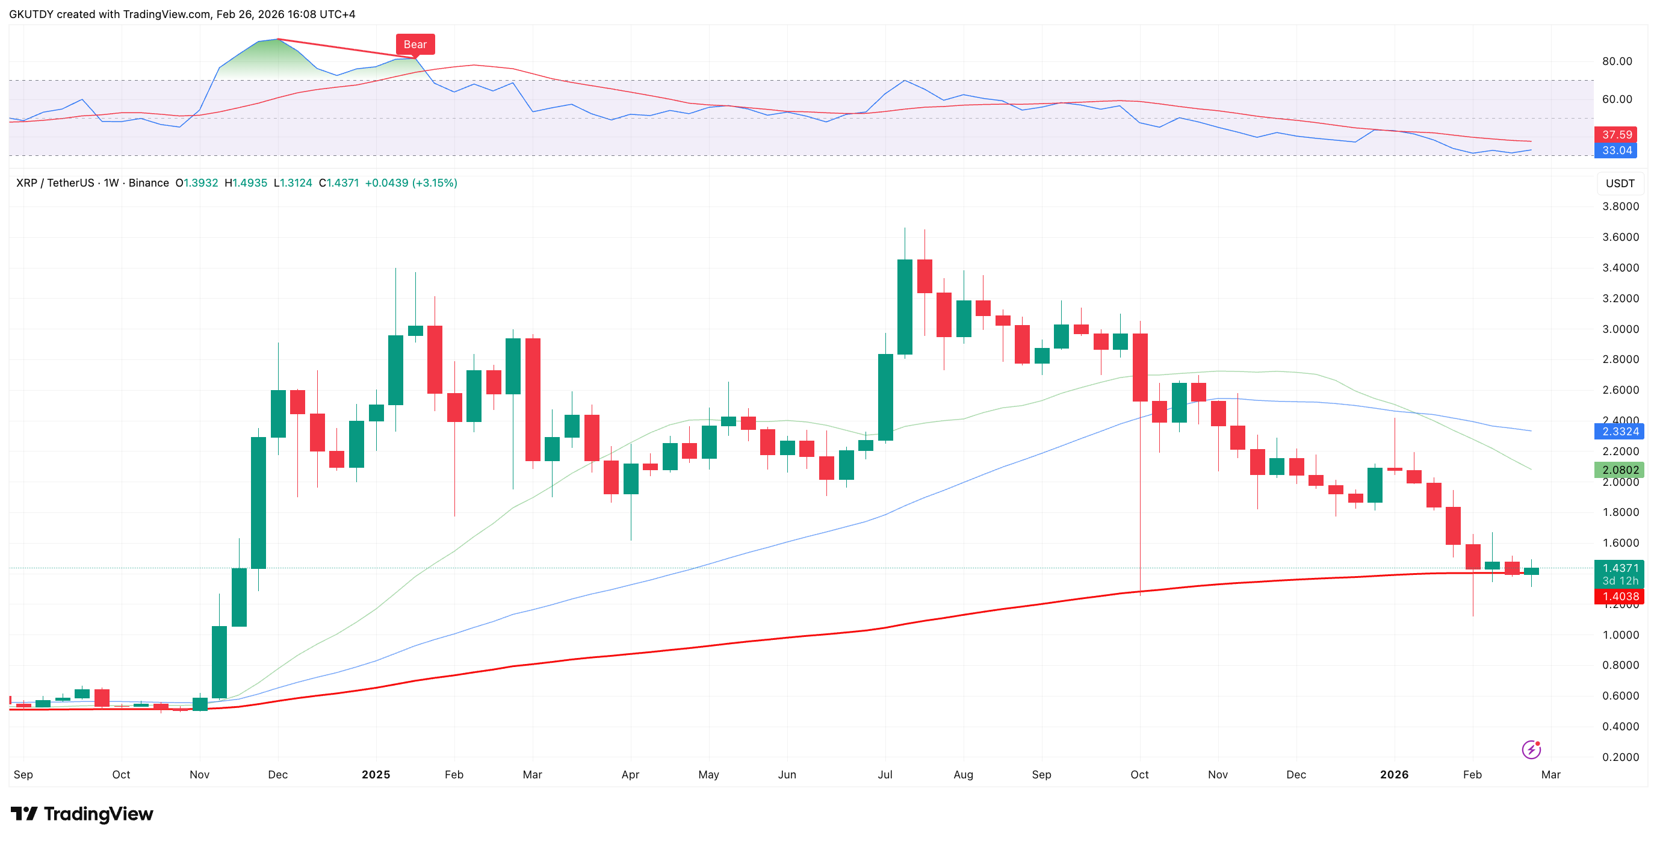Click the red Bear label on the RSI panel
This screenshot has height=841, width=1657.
click(415, 45)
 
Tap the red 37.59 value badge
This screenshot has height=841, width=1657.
click(1617, 134)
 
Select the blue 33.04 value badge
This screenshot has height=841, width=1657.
click(1617, 151)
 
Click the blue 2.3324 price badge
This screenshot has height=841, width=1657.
click(1618, 431)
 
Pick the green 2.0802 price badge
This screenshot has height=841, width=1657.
click(1618, 470)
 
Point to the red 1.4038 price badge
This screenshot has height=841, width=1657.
click(1618, 597)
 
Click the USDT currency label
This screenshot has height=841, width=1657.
click(1620, 184)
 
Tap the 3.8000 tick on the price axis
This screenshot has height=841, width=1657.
click(1620, 206)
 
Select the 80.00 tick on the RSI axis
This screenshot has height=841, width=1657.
click(1617, 61)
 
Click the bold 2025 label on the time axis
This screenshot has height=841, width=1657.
click(376, 774)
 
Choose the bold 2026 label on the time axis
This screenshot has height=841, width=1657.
click(1394, 774)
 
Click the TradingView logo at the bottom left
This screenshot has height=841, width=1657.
click(82, 814)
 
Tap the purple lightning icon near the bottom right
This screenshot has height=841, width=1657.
click(1531, 749)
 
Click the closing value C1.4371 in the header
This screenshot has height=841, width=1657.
click(338, 183)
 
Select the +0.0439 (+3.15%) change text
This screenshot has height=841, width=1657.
click(411, 183)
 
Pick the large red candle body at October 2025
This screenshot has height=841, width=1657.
click(1140, 367)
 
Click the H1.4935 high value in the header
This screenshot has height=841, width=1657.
click(245, 183)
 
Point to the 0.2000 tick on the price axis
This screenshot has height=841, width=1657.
click(1620, 757)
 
